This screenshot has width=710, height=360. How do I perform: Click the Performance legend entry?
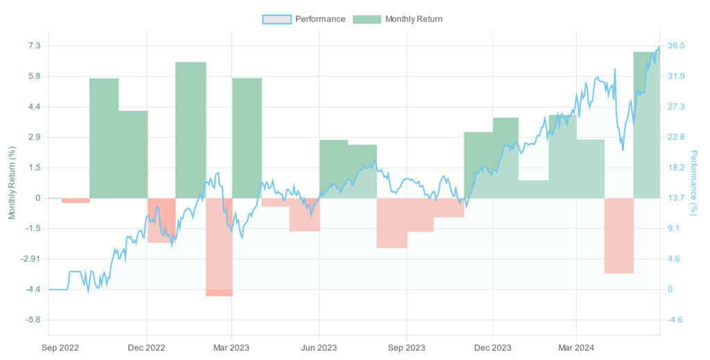(304, 19)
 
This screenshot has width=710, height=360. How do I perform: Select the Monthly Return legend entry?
(398, 19)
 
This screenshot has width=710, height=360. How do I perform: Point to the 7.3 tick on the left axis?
(35, 46)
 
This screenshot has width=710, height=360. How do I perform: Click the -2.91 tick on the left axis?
(31, 259)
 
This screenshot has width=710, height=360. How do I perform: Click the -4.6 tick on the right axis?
(675, 320)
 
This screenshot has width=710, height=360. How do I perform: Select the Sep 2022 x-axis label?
(60, 347)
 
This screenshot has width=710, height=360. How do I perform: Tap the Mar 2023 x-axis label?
(231, 347)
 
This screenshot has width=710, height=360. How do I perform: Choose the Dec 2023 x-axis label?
(492, 347)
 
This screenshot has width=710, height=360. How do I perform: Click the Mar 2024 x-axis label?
(577, 347)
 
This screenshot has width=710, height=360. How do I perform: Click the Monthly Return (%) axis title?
(12, 182)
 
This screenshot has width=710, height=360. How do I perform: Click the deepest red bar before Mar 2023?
(219, 247)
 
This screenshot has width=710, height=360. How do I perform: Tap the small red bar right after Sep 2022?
(76, 200)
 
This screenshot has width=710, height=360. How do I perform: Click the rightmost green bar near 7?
(646, 125)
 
